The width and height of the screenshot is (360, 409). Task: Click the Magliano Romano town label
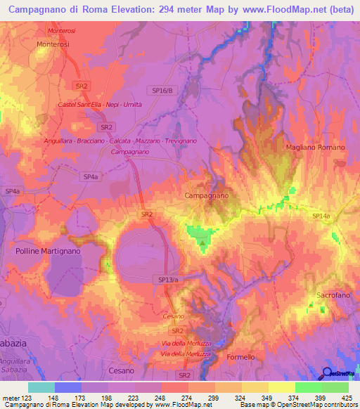pos(316,147)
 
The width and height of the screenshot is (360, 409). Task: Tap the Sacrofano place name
pos(333,295)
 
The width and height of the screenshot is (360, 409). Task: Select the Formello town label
pos(240,357)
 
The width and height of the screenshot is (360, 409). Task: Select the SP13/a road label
pos(165,279)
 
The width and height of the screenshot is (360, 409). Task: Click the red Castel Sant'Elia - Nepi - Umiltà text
pos(101,105)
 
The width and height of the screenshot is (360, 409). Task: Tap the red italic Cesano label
pos(173,316)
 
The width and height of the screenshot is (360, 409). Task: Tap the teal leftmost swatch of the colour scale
pos(41,387)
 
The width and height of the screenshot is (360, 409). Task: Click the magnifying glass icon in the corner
pos(328,372)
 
